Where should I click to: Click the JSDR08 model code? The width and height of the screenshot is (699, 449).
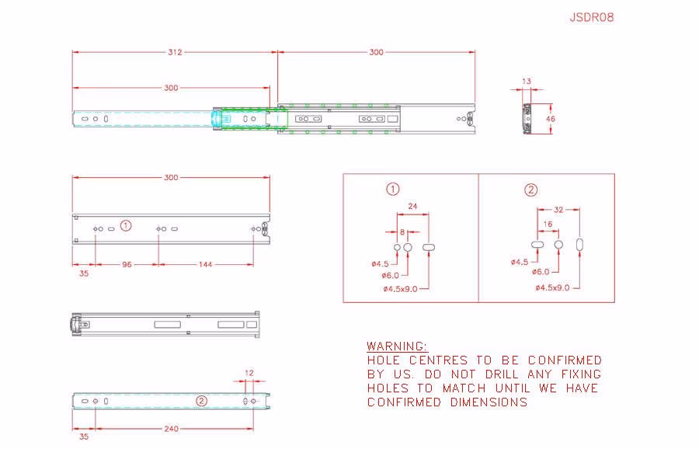[x=592, y=17]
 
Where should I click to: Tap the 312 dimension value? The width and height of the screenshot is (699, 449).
[x=175, y=52]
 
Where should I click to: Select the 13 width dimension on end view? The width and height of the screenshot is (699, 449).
[x=527, y=81]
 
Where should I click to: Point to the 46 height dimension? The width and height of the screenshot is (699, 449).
[x=551, y=119]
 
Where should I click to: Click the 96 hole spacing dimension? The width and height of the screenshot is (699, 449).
[x=127, y=264]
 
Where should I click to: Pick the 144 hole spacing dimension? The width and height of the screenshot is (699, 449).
[x=205, y=264]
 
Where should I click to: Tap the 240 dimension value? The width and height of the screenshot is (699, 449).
[x=171, y=429]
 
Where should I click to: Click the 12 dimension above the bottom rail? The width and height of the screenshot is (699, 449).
[x=249, y=373]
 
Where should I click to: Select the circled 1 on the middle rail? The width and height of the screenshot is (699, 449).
[x=126, y=225]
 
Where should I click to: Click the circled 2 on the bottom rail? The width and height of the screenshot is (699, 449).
[x=201, y=401]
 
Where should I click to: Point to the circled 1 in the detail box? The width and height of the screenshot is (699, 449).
[x=393, y=189]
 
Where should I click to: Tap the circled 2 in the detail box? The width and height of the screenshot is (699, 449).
[x=530, y=190]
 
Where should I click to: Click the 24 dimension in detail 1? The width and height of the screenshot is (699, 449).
[x=412, y=206]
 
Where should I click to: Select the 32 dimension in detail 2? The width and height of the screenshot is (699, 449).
[x=558, y=210]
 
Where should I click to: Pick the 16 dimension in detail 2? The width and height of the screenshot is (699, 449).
[x=548, y=224]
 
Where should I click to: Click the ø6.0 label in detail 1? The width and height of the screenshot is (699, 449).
[x=390, y=276]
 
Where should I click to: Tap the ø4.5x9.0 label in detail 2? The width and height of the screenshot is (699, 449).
[x=552, y=287]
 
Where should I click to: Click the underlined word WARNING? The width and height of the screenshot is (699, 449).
[x=397, y=346]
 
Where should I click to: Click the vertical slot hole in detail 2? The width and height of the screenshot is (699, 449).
[x=579, y=245]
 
